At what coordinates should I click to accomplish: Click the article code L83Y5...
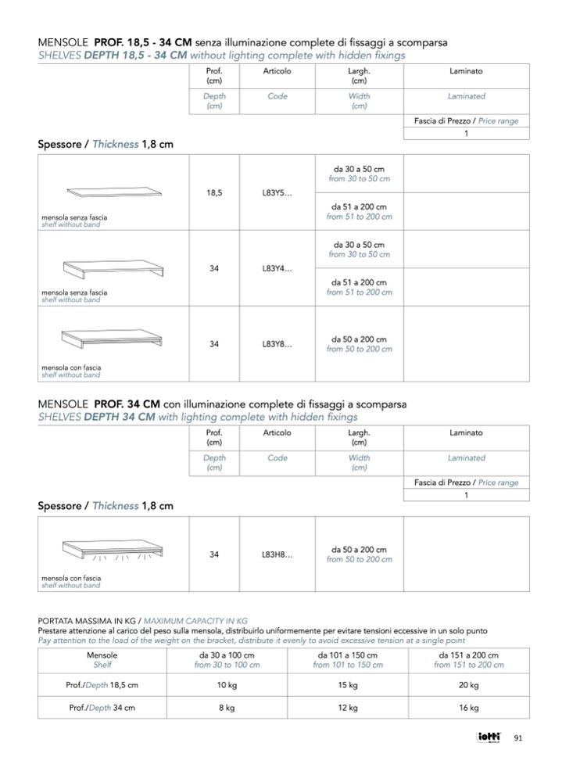(277, 193)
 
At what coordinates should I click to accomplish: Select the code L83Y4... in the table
(277, 268)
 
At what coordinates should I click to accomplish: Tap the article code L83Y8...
(277, 343)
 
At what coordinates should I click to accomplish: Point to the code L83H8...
(277, 554)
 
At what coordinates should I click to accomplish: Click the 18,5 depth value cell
(214, 193)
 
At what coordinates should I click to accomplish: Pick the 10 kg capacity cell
(227, 685)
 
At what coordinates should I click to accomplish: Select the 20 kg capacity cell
(469, 685)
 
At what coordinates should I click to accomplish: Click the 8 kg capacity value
(227, 708)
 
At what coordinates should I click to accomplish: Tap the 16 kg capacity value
(469, 708)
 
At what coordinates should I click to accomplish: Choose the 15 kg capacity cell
(348, 685)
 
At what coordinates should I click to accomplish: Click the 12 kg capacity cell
(348, 708)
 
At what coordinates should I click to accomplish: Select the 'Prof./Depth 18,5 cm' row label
(102, 685)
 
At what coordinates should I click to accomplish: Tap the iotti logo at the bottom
(490, 737)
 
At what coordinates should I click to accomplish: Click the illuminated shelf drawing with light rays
(117, 549)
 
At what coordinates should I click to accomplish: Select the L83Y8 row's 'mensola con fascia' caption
(71, 368)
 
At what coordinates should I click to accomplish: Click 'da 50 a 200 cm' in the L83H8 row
(359, 550)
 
